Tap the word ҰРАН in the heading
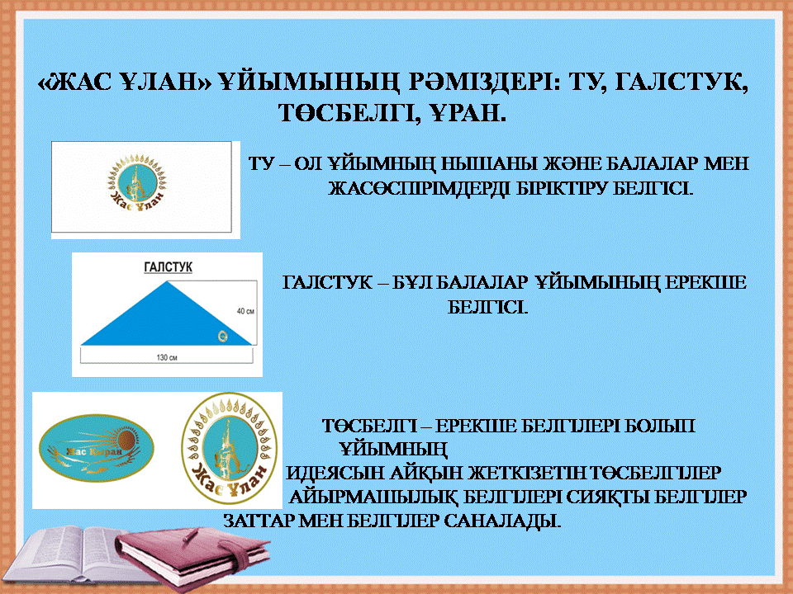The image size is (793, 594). point(469,113)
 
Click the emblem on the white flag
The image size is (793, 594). point(136,181)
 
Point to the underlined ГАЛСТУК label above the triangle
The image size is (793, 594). point(168,266)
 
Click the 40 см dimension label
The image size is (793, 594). point(246,311)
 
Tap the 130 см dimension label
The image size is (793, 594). point(167,357)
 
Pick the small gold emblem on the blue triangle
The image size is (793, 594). point(222,336)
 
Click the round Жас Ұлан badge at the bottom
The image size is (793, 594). point(229,449)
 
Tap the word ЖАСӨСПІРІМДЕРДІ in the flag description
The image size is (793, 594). point(417,188)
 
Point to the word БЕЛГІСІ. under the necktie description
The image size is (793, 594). point(487,307)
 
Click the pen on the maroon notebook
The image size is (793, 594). point(190,535)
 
